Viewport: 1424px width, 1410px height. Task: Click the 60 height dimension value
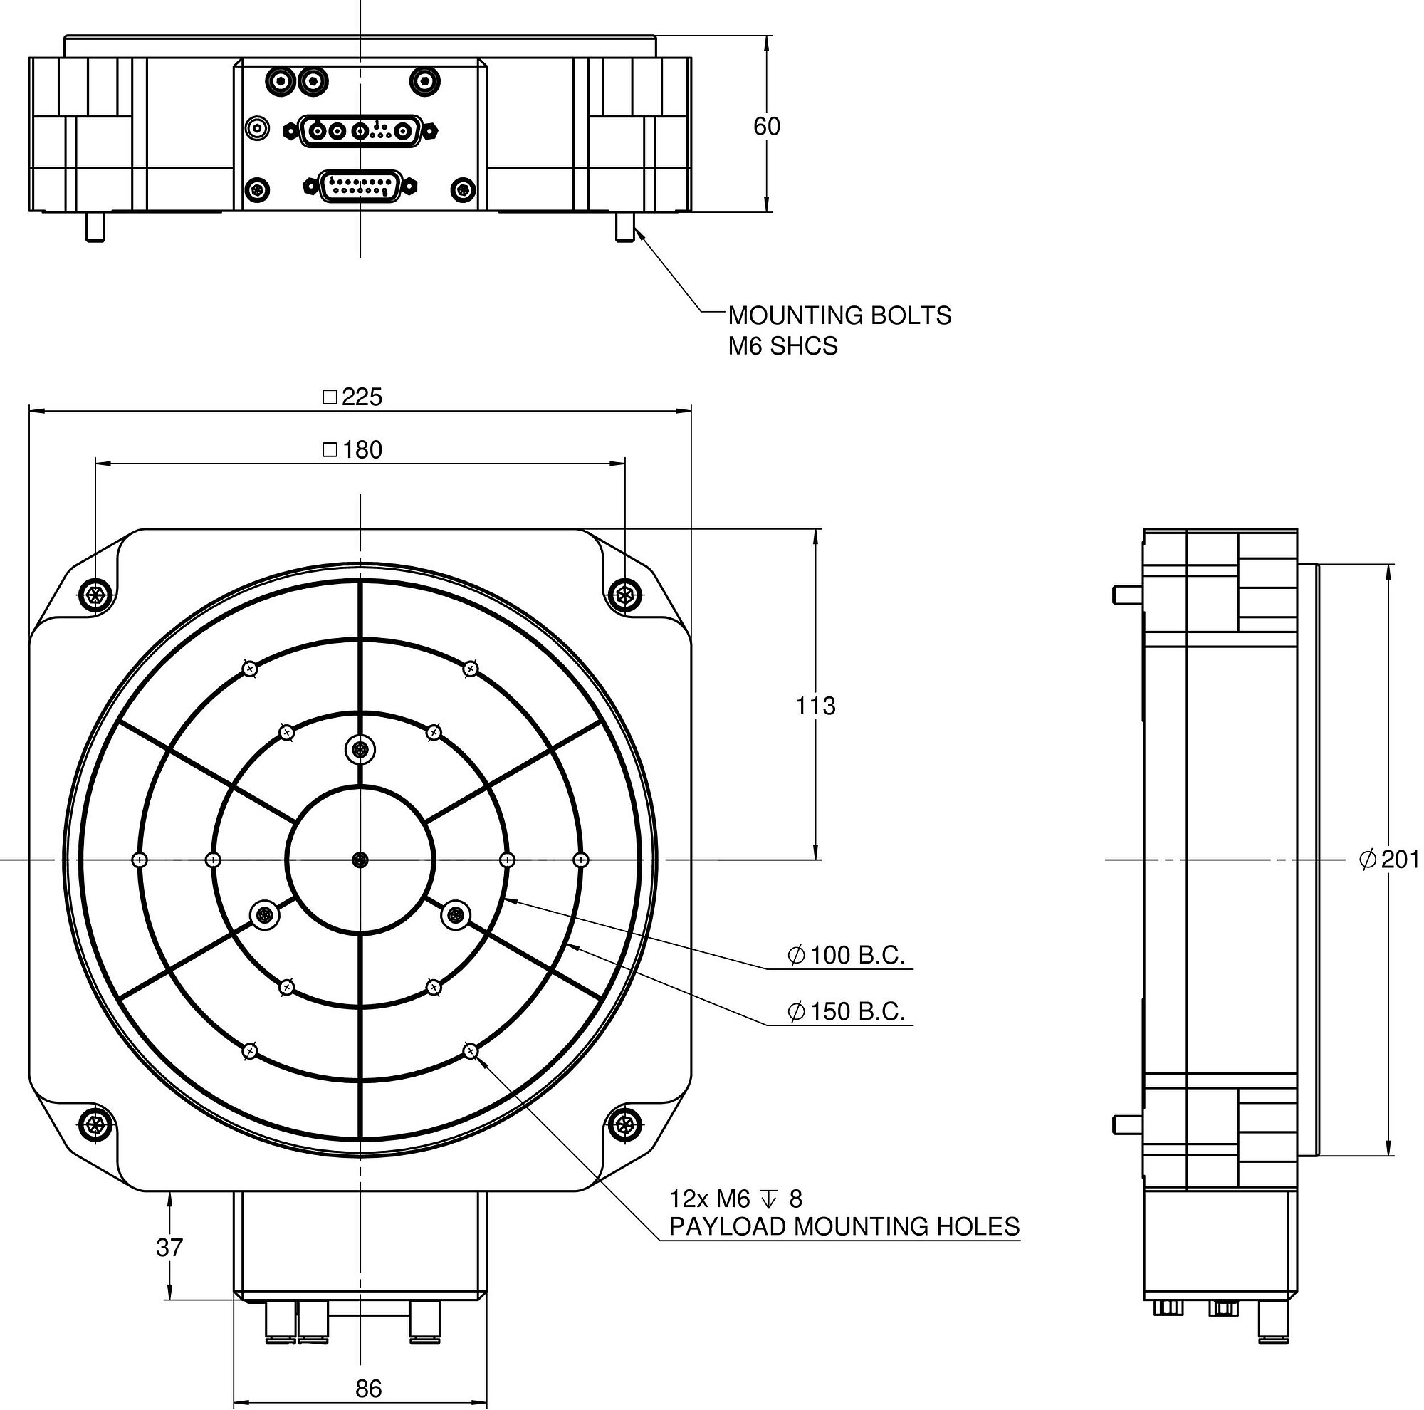[766, 127]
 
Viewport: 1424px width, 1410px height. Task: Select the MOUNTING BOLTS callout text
[839, 315]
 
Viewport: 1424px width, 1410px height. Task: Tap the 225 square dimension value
[361, 397]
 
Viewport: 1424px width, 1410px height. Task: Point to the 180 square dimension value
[361, 449]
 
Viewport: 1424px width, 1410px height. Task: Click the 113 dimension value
[815, 706]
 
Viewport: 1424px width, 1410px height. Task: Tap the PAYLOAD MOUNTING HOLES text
[844, 1226]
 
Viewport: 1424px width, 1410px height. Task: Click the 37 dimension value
[169, 1247]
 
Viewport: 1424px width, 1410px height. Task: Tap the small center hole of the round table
[360, 860]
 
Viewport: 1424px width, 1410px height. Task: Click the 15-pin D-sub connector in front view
[360, 187]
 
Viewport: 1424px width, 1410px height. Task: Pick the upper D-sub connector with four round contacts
[360, 131]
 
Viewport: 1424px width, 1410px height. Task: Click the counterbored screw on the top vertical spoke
[360, 751]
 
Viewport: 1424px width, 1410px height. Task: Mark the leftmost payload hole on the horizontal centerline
[140, 860]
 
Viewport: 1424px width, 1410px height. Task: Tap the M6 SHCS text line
[782, 345]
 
